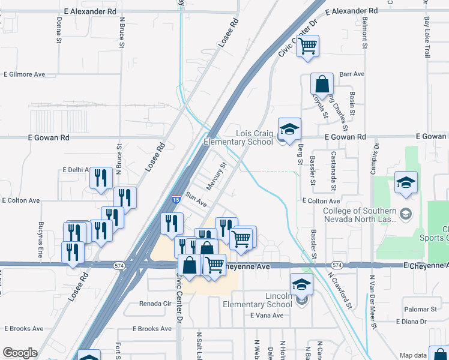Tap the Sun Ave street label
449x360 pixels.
tap(196, 200)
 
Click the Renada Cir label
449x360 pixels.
tap(155, 304)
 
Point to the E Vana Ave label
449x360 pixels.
tap(267, 316)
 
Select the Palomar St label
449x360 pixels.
tap(420, 309)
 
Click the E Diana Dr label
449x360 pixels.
tap(411, 322)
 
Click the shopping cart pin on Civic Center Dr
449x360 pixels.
tap(307, 46)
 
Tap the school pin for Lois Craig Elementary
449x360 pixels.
tap(289, 129)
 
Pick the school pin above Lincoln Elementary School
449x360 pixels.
tap(301, 284)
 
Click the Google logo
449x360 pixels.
tap(20, 353)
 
